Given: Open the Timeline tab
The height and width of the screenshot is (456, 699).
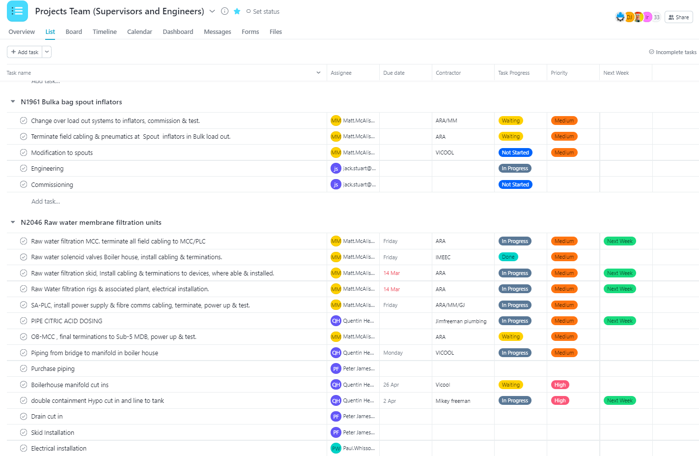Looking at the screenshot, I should click(x=105, y=32).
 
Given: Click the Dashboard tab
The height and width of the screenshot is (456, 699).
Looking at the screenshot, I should click(x=178, y=32).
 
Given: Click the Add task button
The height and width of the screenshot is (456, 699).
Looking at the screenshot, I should click(x=25, y=52).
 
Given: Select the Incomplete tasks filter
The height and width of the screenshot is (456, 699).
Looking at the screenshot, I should click(x=672, y=52).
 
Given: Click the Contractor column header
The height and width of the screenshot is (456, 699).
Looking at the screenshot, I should click(x=448, y=73).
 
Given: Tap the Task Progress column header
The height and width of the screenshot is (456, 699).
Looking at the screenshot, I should click(x=513, y=73).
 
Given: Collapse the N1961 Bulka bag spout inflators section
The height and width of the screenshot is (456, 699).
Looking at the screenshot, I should click(x=13, y=102).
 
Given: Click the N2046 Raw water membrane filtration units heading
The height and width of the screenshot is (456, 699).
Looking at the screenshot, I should click(x=91, y=222).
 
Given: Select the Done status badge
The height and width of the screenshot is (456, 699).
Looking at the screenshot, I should click(x=508, y=257).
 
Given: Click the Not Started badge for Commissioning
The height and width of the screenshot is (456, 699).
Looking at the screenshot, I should click(x=515, y=184).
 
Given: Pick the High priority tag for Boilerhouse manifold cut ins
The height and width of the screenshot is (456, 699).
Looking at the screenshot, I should click(x=560, y=385).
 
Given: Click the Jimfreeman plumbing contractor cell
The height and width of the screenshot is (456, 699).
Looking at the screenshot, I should click(x=461, y=321).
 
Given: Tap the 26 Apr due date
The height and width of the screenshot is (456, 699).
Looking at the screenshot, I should click(x=391, y=385).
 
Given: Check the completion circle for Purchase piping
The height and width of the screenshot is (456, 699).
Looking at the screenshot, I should click(x=24, y=368).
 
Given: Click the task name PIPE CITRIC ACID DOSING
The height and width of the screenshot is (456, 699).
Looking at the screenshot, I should click(x=67, y=321).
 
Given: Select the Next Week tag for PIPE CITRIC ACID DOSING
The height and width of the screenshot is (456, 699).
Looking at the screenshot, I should click(x=619, y=321).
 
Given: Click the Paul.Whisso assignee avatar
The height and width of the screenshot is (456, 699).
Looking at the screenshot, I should click(x=336, y=448).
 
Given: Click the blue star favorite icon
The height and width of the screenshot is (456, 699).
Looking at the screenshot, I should click(x=237, y=11).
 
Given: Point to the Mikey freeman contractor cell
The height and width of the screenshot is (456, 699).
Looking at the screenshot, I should click(x=452, y=401).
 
